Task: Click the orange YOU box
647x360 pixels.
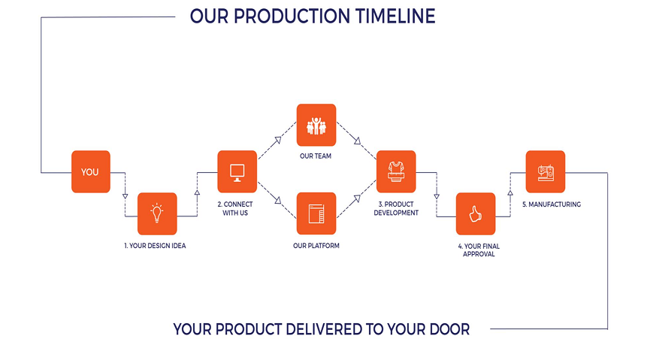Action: click(91, 172)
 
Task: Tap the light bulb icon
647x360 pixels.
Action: click(157, 213)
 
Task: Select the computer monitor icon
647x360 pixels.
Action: click(237, 173)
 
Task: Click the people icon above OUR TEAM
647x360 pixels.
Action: click(316, 126)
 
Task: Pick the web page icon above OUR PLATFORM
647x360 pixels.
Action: click(316, 214)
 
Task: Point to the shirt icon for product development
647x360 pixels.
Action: click(396, 172)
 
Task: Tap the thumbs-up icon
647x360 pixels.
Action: click(476, 214)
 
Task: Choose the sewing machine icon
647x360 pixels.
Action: click(546, 173)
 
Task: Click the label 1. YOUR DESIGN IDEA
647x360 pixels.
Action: click(155, 246)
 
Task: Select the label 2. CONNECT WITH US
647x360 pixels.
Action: click(235, 208)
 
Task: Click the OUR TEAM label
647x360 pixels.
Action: click(316, 156)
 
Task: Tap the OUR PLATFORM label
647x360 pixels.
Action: click(316, 246)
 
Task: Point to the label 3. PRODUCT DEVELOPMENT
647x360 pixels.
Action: click(396, 208)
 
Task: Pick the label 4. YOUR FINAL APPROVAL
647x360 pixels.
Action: click(479, 250)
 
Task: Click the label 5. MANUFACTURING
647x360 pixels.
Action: click(552, 204)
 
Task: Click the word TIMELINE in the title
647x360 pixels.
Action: click(395, 17)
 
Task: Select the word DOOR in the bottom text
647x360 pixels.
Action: click(449, 329)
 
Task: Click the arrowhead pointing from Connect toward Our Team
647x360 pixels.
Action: click(278, 141)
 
